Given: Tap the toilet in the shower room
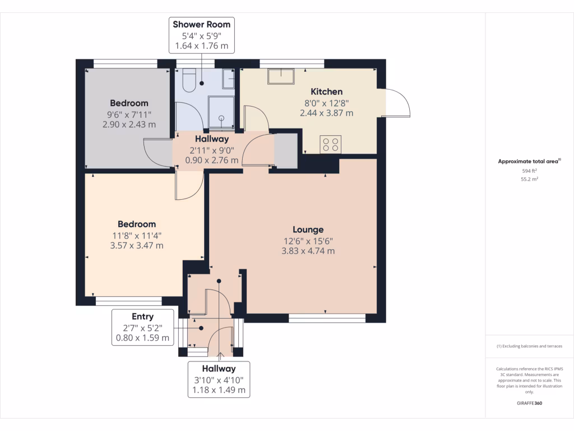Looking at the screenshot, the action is (x=189, y=80).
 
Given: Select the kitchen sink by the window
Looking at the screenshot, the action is (x=281, y=76).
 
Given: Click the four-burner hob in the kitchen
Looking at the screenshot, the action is (x=331, y=144).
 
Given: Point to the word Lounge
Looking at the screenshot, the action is (x=308, y=230).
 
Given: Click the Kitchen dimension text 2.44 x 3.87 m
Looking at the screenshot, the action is (x=327, y=113).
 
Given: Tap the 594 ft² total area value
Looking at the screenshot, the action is (x=529, y=171).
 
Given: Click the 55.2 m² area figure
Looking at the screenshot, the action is (x=529, y=179).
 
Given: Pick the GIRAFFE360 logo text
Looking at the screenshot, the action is (x=529, y=403).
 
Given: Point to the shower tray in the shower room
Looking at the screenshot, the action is (x=221, y=112).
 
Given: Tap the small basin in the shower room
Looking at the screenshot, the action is (x=229, y=79).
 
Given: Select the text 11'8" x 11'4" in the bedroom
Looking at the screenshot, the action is (x=137, y=236).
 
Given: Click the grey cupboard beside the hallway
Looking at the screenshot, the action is (x=286, y=150).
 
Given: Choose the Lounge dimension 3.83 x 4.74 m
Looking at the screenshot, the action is (x=308, y=251).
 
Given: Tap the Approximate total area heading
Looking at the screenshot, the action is (x=529, y=161).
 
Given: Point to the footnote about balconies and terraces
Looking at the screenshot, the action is (x=529, y=346).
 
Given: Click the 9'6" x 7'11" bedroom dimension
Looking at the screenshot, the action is (x=129, y=114).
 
